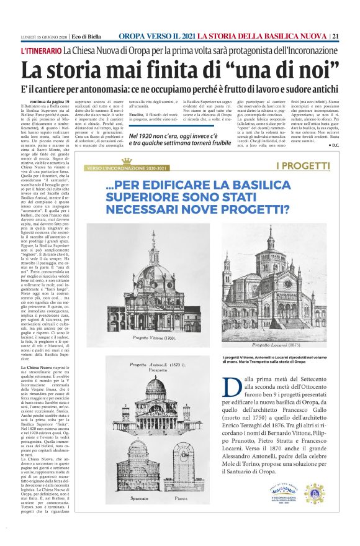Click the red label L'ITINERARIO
coord(41,50)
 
